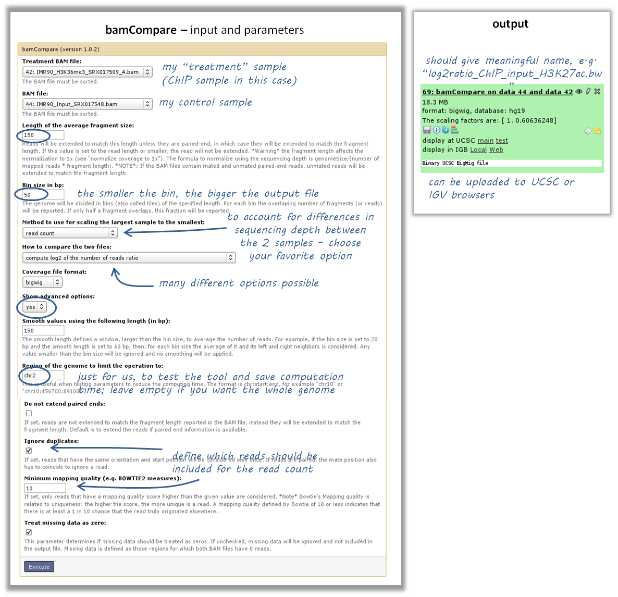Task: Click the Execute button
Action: pos(39,567)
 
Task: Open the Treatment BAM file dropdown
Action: pos(87,72)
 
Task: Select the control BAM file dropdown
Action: pos(87,104)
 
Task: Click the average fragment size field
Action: pos(43,135)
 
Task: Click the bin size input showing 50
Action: pos(43,195)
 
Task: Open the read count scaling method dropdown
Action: pos(70,233)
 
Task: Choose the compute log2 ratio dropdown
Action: pos(129,258)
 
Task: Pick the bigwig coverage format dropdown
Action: pos(42,282)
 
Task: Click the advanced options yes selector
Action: pos(34,307)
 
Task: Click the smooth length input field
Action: pos(43,330)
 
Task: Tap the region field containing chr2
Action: pos(43,375)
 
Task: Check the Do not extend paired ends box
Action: pos(29,413)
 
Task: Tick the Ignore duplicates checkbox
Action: pos(29,450)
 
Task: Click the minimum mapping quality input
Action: pos(45,488)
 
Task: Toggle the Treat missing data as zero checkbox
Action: pos(29,532)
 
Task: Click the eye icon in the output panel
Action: pos(578,91)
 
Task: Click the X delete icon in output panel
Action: pos(597,91)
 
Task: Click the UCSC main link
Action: pos(485,141)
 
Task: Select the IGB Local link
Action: pos(478,150)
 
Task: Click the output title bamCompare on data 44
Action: pos(497,92)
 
